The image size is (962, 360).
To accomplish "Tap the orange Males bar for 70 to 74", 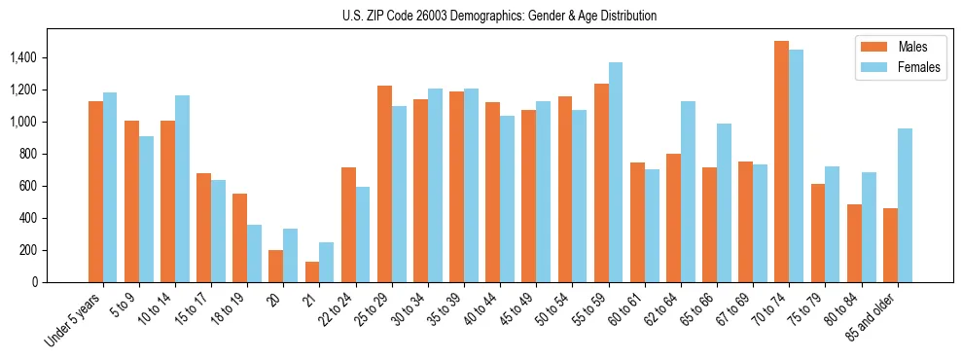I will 781,162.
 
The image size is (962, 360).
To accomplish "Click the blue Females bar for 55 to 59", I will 615,172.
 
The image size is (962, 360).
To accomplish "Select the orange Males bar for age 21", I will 312,271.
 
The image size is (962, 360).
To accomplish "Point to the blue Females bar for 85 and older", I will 904,205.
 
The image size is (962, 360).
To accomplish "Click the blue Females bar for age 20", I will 290,255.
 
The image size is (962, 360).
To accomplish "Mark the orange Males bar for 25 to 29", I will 384,184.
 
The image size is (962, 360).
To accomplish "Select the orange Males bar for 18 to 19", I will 239,237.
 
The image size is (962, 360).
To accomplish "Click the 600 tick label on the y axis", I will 27,186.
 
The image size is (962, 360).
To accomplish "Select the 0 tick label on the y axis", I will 33,282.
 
